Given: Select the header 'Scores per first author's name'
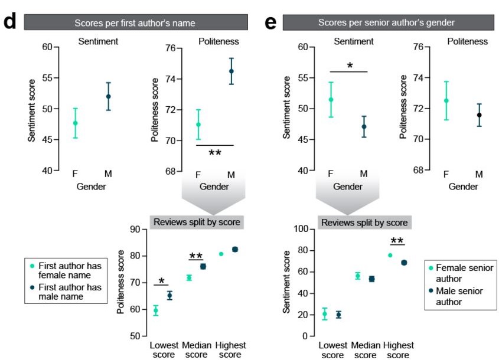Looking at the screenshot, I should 135,23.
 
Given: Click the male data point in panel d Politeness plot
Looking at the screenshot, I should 231,71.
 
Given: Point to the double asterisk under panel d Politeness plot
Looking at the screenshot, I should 215,153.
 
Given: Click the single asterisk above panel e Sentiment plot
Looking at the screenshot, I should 350,66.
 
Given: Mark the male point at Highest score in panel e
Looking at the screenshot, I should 404,263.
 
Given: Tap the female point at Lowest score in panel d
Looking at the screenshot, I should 156,310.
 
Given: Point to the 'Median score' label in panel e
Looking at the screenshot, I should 366,350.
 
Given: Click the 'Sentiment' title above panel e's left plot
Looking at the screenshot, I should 354,41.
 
